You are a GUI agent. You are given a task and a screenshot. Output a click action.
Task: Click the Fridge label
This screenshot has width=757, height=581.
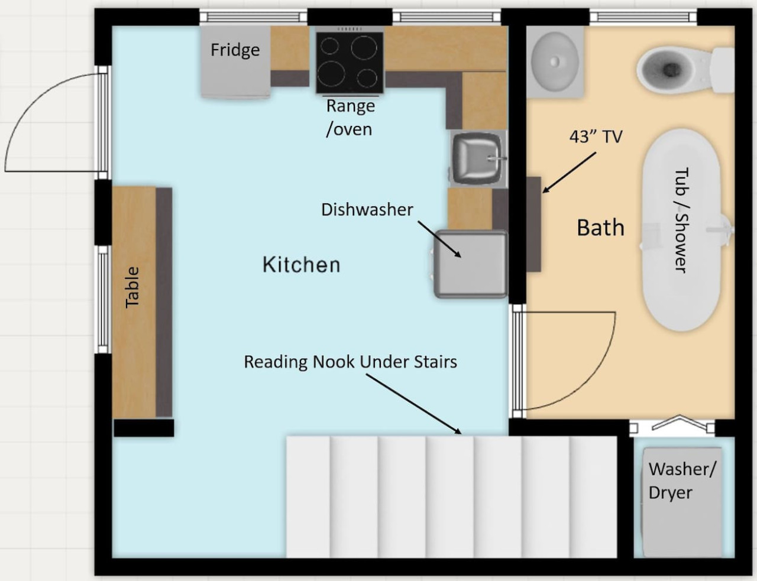[x=235, y=50]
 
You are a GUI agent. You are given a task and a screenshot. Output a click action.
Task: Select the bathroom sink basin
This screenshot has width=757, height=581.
[x=555, y=61]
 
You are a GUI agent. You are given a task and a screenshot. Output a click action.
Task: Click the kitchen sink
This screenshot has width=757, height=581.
[x=478, y=159]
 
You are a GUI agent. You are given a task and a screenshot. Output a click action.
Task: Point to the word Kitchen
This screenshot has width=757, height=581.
[x=302, y=265]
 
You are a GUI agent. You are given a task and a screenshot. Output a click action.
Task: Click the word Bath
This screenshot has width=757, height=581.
[x=601, y=228]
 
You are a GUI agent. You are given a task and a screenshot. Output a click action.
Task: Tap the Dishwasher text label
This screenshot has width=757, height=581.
[x=367, y=210]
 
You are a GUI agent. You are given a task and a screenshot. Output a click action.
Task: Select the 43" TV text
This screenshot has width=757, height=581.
[x=596, y=137]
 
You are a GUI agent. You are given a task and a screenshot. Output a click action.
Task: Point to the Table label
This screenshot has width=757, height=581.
[x=132, y=287]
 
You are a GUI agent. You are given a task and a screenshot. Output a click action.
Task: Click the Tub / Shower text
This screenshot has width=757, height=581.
[x=681, y=220]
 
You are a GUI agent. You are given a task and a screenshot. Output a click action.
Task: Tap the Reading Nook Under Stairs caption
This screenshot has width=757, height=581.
[x=351, y=362]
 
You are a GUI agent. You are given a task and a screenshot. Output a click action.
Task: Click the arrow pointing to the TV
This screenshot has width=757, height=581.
[x=570, y=173]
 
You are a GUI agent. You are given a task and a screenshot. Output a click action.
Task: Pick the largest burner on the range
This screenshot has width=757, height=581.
[x=331, y=75]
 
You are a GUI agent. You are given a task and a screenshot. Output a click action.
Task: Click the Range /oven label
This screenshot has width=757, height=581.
[x=350, y=118]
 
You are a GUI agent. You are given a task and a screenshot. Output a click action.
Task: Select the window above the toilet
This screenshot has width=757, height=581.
[x=643, y=17]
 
